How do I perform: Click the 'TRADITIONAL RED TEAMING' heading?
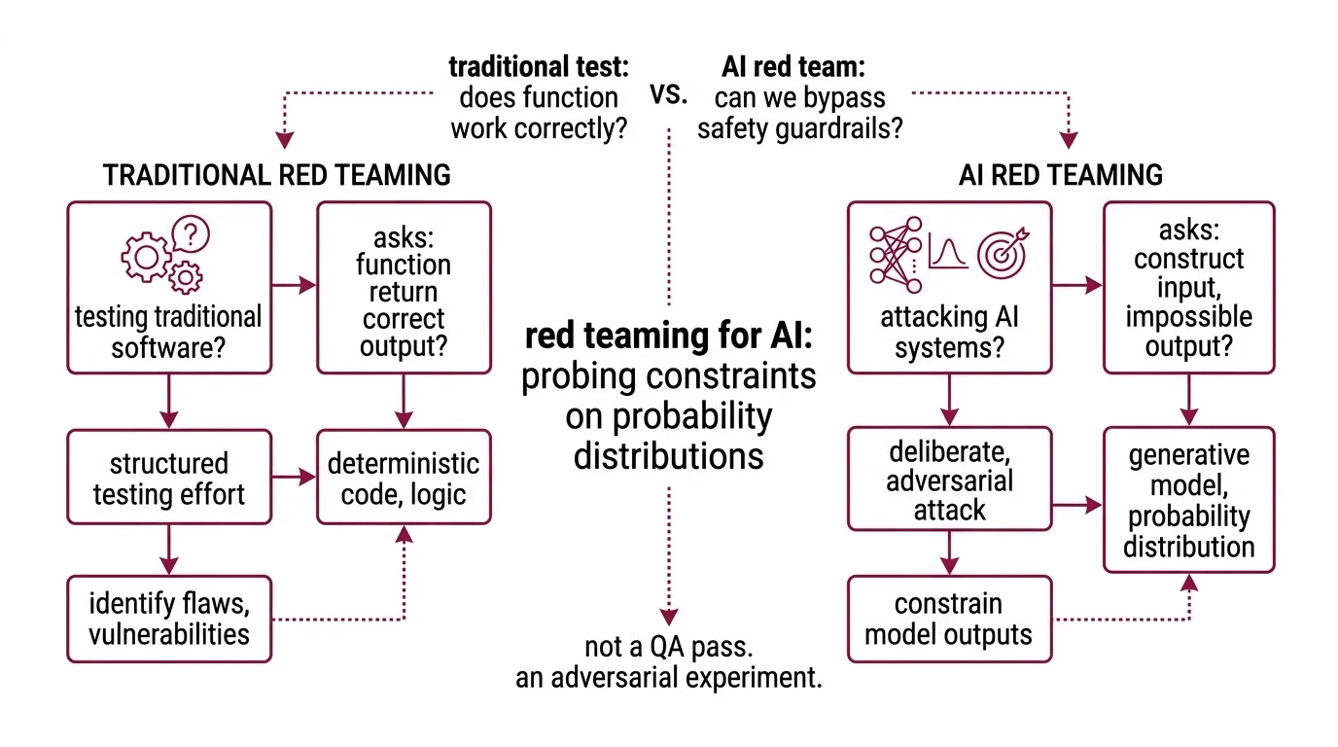(277, 175)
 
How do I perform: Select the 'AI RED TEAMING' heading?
(1060, 175)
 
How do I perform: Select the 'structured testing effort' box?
(168, 479)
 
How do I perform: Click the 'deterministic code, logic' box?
(404, 479)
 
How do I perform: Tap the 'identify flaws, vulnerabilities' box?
(168, 620)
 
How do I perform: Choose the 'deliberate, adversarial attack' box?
(949, 480)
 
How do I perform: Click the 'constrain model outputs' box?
(949, 620)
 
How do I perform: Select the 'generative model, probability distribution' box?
(1188, 500)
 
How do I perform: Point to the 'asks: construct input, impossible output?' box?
(1188, 288)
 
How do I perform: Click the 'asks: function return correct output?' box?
(404, 288)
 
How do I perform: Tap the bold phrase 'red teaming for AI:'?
(668, 338)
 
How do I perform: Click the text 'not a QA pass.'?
(668, 648)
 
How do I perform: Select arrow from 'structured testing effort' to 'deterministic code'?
(295, 478)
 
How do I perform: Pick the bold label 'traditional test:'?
(538, 67)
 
